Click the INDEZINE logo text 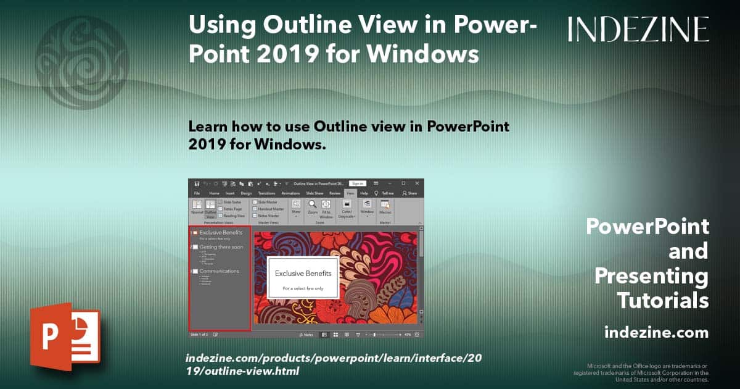pos(638,29)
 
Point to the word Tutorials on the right pos(663,300)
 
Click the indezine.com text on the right pos(656,333)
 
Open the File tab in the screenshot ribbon pos(197,193)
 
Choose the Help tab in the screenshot pos(364,193)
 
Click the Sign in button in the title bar pos(357,183)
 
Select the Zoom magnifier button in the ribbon pos(313,207)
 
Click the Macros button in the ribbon pos(385,207)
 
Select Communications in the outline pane pos(219,271)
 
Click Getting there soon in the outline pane pos(221,247)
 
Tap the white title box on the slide pos(303,278)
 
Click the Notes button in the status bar pos(306,335)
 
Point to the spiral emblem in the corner pos(81,54)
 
